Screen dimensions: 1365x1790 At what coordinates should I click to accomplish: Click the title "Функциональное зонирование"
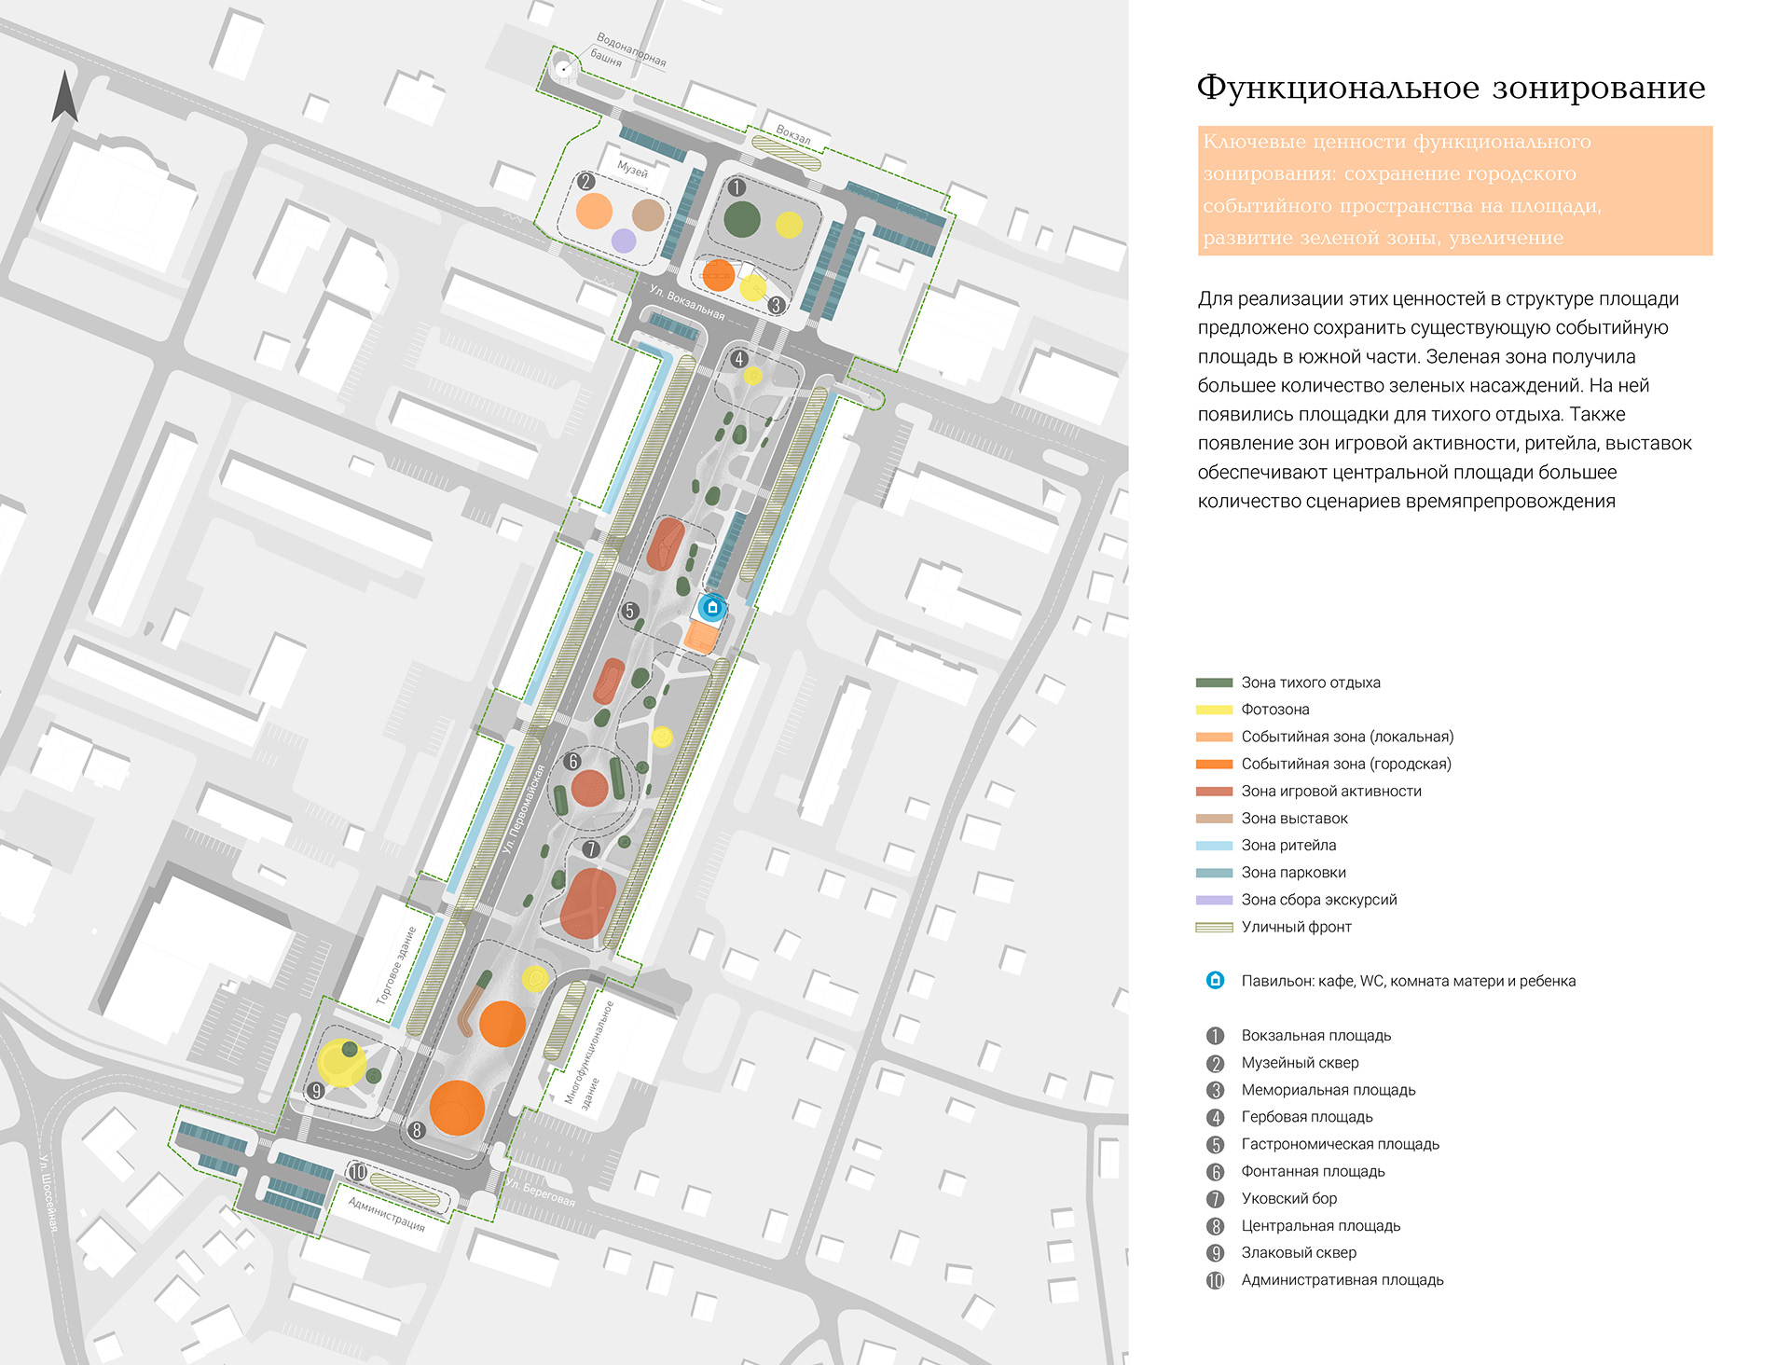(1451, 88)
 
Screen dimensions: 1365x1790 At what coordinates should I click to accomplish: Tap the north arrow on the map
(64, 98)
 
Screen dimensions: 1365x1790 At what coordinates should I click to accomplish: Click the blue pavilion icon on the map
(712, 608)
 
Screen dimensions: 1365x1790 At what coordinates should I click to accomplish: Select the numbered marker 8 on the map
(417, 1130)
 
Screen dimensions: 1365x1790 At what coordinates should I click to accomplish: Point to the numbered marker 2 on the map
(585, 182)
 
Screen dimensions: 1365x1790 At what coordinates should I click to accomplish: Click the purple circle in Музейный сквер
(623, 241)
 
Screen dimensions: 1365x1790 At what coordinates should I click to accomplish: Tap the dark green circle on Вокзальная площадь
(742, 220)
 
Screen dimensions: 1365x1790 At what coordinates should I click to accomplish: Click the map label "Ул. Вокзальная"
(687, 302)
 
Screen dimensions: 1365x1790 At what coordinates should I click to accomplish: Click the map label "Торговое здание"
(396, 965)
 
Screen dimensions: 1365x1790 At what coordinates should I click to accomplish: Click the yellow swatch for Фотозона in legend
(1214, 710)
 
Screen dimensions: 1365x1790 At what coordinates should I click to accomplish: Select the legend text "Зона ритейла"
(1288, 846)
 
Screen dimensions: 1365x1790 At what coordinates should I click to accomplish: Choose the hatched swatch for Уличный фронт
(1214, 927)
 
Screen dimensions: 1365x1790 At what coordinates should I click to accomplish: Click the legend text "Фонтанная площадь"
(1313, 1171)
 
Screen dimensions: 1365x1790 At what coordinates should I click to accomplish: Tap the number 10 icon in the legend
(1215, 1280)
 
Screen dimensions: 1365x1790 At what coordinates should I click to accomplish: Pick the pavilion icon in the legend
(1215, 981)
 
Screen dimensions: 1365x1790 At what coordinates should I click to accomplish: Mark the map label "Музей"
(632, 170)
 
